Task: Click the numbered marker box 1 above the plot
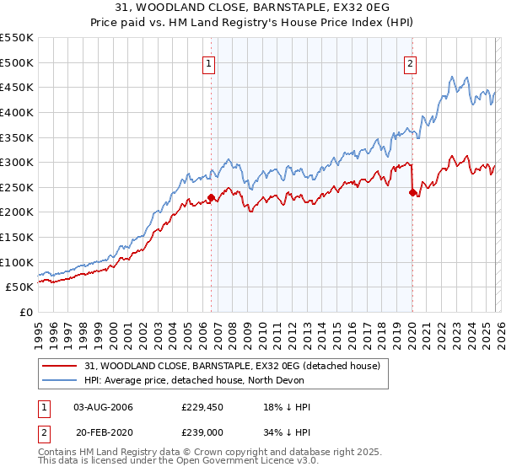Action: (208, 62)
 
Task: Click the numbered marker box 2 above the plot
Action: (410, 62)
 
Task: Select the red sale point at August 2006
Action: (211, 197)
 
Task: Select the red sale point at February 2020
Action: (412, 192)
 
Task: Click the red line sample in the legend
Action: (61, 366)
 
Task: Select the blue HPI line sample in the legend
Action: (61, 380)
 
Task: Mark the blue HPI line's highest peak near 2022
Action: (454, 75)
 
